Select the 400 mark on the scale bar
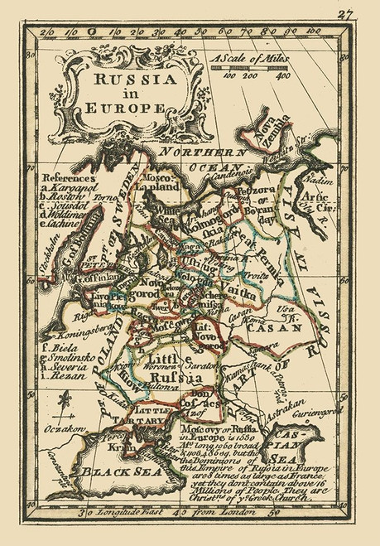click(x=284, y=77)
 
